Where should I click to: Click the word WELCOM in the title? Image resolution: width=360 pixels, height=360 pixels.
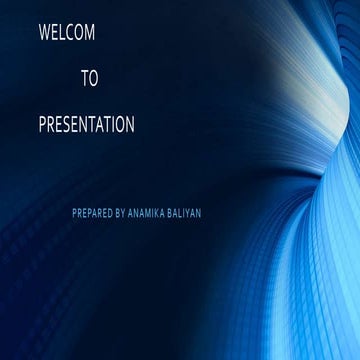click(x=67, y=33)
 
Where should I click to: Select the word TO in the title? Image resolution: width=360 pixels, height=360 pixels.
click(x=90, y=79)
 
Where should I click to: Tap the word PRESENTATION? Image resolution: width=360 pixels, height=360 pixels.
click(x=86, y=125)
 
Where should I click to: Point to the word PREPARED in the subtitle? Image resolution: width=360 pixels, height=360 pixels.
click(x=92, y=213)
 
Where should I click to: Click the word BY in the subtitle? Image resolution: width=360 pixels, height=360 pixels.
click(x=121, y=213)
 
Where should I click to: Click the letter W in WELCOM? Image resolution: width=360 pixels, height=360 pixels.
click(x=44, y=33)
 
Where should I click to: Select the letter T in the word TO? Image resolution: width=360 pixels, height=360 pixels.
click(x=85, y=79)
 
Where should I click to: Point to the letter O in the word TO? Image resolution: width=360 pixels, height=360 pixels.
click(x=94, y=79)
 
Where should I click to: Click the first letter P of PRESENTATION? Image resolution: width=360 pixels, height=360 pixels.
click(x=42, y=125)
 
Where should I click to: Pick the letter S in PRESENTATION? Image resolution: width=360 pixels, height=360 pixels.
click(x=67, y=125)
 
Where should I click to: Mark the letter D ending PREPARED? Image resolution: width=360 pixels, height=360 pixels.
click(x=110, y=213)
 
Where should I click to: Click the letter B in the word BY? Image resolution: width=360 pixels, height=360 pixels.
click(x=118, y=213)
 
